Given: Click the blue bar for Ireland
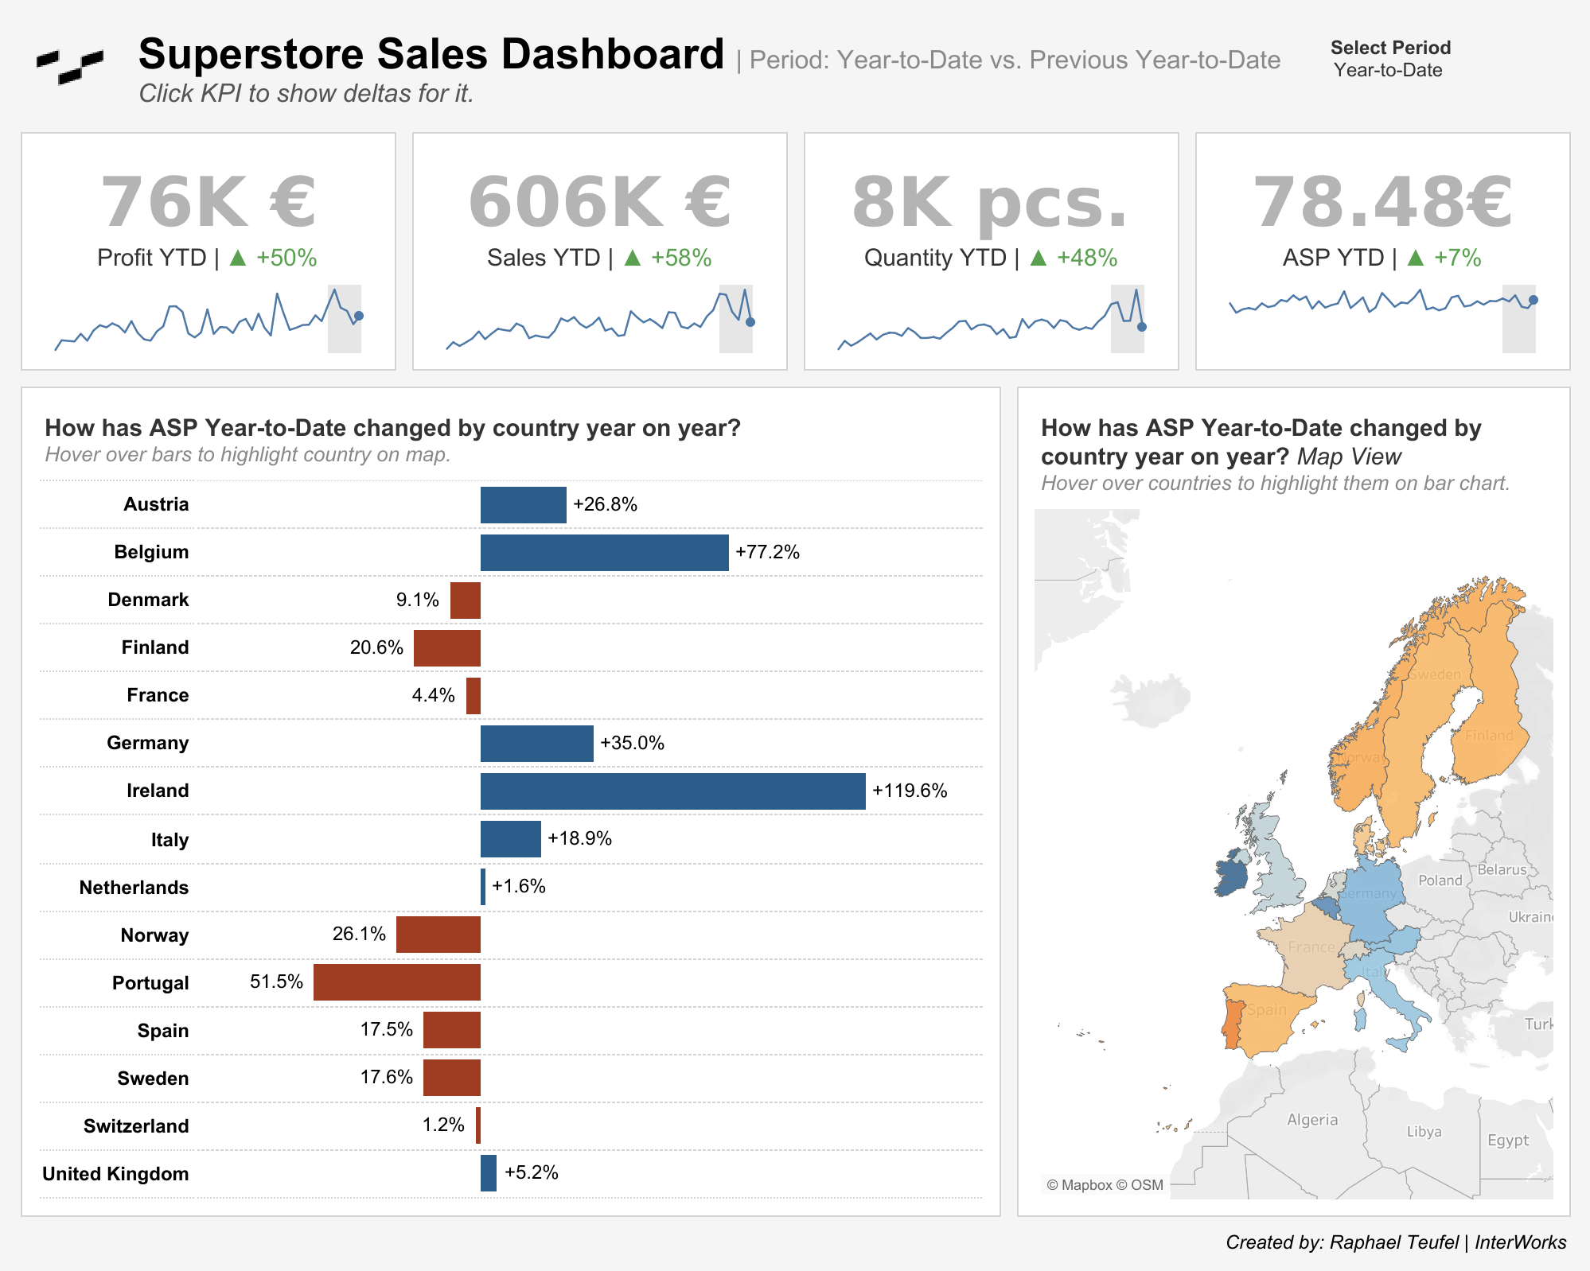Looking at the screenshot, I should [x=672, y=791].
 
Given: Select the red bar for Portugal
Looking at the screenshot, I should [x=396, y=982].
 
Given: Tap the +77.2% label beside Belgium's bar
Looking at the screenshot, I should [x=767, y=552].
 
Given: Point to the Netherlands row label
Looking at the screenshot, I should [x=134, y=888].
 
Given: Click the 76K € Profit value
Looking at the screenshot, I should [x=208, y=202].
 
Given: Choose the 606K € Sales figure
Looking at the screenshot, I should [x=599, y=202].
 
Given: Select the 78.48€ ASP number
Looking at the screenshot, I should [x=1382, y=202].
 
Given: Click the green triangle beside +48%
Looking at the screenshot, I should [x=1038, y=258].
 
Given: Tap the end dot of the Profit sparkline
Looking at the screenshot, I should [x=359, y=316].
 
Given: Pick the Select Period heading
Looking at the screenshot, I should [x=1390, y=48].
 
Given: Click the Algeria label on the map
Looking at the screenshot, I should [x=1312, y=1120].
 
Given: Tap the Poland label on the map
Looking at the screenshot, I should [x=1440, y=880].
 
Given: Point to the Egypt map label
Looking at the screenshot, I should [x=1508, y=1140].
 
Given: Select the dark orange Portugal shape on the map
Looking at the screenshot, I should [x=1233, y=1026].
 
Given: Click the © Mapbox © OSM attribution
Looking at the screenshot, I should [x=1105, y=1185].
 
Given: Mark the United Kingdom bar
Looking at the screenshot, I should [x=489, y=1173].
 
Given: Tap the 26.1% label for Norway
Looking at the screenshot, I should [x=359, y=934].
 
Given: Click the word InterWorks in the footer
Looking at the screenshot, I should [x=1520, y=1242].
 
